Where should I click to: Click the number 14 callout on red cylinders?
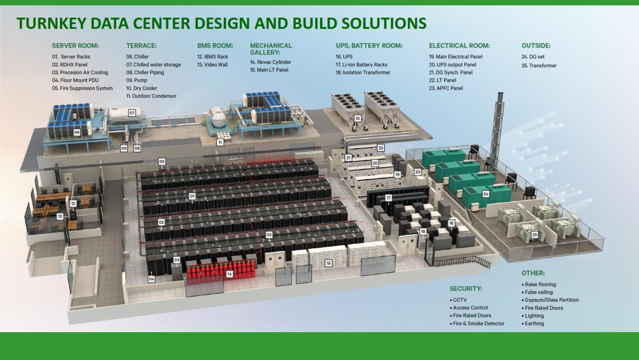pyautogui.click(x=230, y=274)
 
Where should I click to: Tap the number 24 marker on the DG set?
pyautogui.click(x=486, y=194)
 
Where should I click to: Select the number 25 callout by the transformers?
pyautogui.click(x=535, y=235)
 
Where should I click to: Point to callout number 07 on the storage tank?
pyautogui.click(x=132, y=113)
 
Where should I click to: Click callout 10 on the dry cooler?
pyautogui.click(x=357, y=119)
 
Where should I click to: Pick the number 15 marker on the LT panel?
pyautogui.click(x=329, y=264)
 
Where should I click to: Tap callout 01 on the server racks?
pyautogui.click(x=192, y=196)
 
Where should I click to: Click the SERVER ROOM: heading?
pyautogui.click(x=75, y=45)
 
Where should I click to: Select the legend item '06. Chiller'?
pyautogui.click(x=138, y=57)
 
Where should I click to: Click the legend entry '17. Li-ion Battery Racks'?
pyautogui.click(x=361, y=64)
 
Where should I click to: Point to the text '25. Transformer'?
pyautogui.click(x=539, y=65)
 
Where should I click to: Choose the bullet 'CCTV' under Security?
pyautogui.click(x=460, y=300)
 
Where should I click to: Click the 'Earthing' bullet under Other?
pyautogui.click(x=534, y=323)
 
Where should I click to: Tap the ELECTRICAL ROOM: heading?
pyautogui.click(x=459, y=45)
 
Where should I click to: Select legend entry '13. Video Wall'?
pyautogui.click(x=212, y=64)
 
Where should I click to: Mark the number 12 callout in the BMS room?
pyautogui.click(x=73, y=203)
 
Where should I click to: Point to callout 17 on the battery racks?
pyautogui.click(x=389, y=198)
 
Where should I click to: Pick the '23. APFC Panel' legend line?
pyautogui.click(x=446, y=88)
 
